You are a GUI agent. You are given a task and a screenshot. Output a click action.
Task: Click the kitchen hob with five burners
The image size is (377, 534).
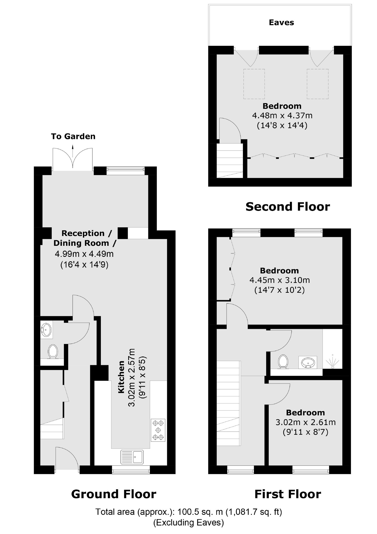[158, 430]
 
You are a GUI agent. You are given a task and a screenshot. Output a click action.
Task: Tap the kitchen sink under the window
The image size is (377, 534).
[132, 457]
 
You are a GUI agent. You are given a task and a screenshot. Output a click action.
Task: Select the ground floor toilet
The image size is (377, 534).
[53, 352]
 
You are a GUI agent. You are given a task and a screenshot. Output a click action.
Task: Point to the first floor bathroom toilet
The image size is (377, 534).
[283, 361]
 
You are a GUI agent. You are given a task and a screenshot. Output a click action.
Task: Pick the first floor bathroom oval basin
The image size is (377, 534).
[307, 362]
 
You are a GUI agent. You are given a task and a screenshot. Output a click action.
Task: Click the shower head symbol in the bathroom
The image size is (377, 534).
[333, 362]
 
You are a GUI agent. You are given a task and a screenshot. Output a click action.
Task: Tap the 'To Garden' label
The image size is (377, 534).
[73, 136]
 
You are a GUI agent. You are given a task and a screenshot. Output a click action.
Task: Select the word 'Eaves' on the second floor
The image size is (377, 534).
[281, 23]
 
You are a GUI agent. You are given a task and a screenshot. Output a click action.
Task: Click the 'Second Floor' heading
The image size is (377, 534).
[287, 206]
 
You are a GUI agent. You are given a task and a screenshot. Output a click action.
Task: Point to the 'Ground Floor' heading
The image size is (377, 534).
[113, 494]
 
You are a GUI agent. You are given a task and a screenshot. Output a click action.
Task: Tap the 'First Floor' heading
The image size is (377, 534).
[287, 494]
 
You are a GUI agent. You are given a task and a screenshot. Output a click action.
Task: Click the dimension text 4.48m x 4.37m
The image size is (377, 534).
[282, 116]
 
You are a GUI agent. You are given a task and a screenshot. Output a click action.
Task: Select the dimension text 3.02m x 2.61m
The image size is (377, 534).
[305, 422]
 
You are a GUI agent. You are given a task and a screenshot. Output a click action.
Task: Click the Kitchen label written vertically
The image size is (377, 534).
[121, 377]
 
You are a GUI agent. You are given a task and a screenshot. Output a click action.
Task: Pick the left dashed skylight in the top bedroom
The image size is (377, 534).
[254, 84]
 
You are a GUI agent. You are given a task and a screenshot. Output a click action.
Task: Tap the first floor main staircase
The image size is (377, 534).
[229, 403]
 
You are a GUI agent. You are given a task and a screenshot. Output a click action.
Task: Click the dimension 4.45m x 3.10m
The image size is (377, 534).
[280, 280]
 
